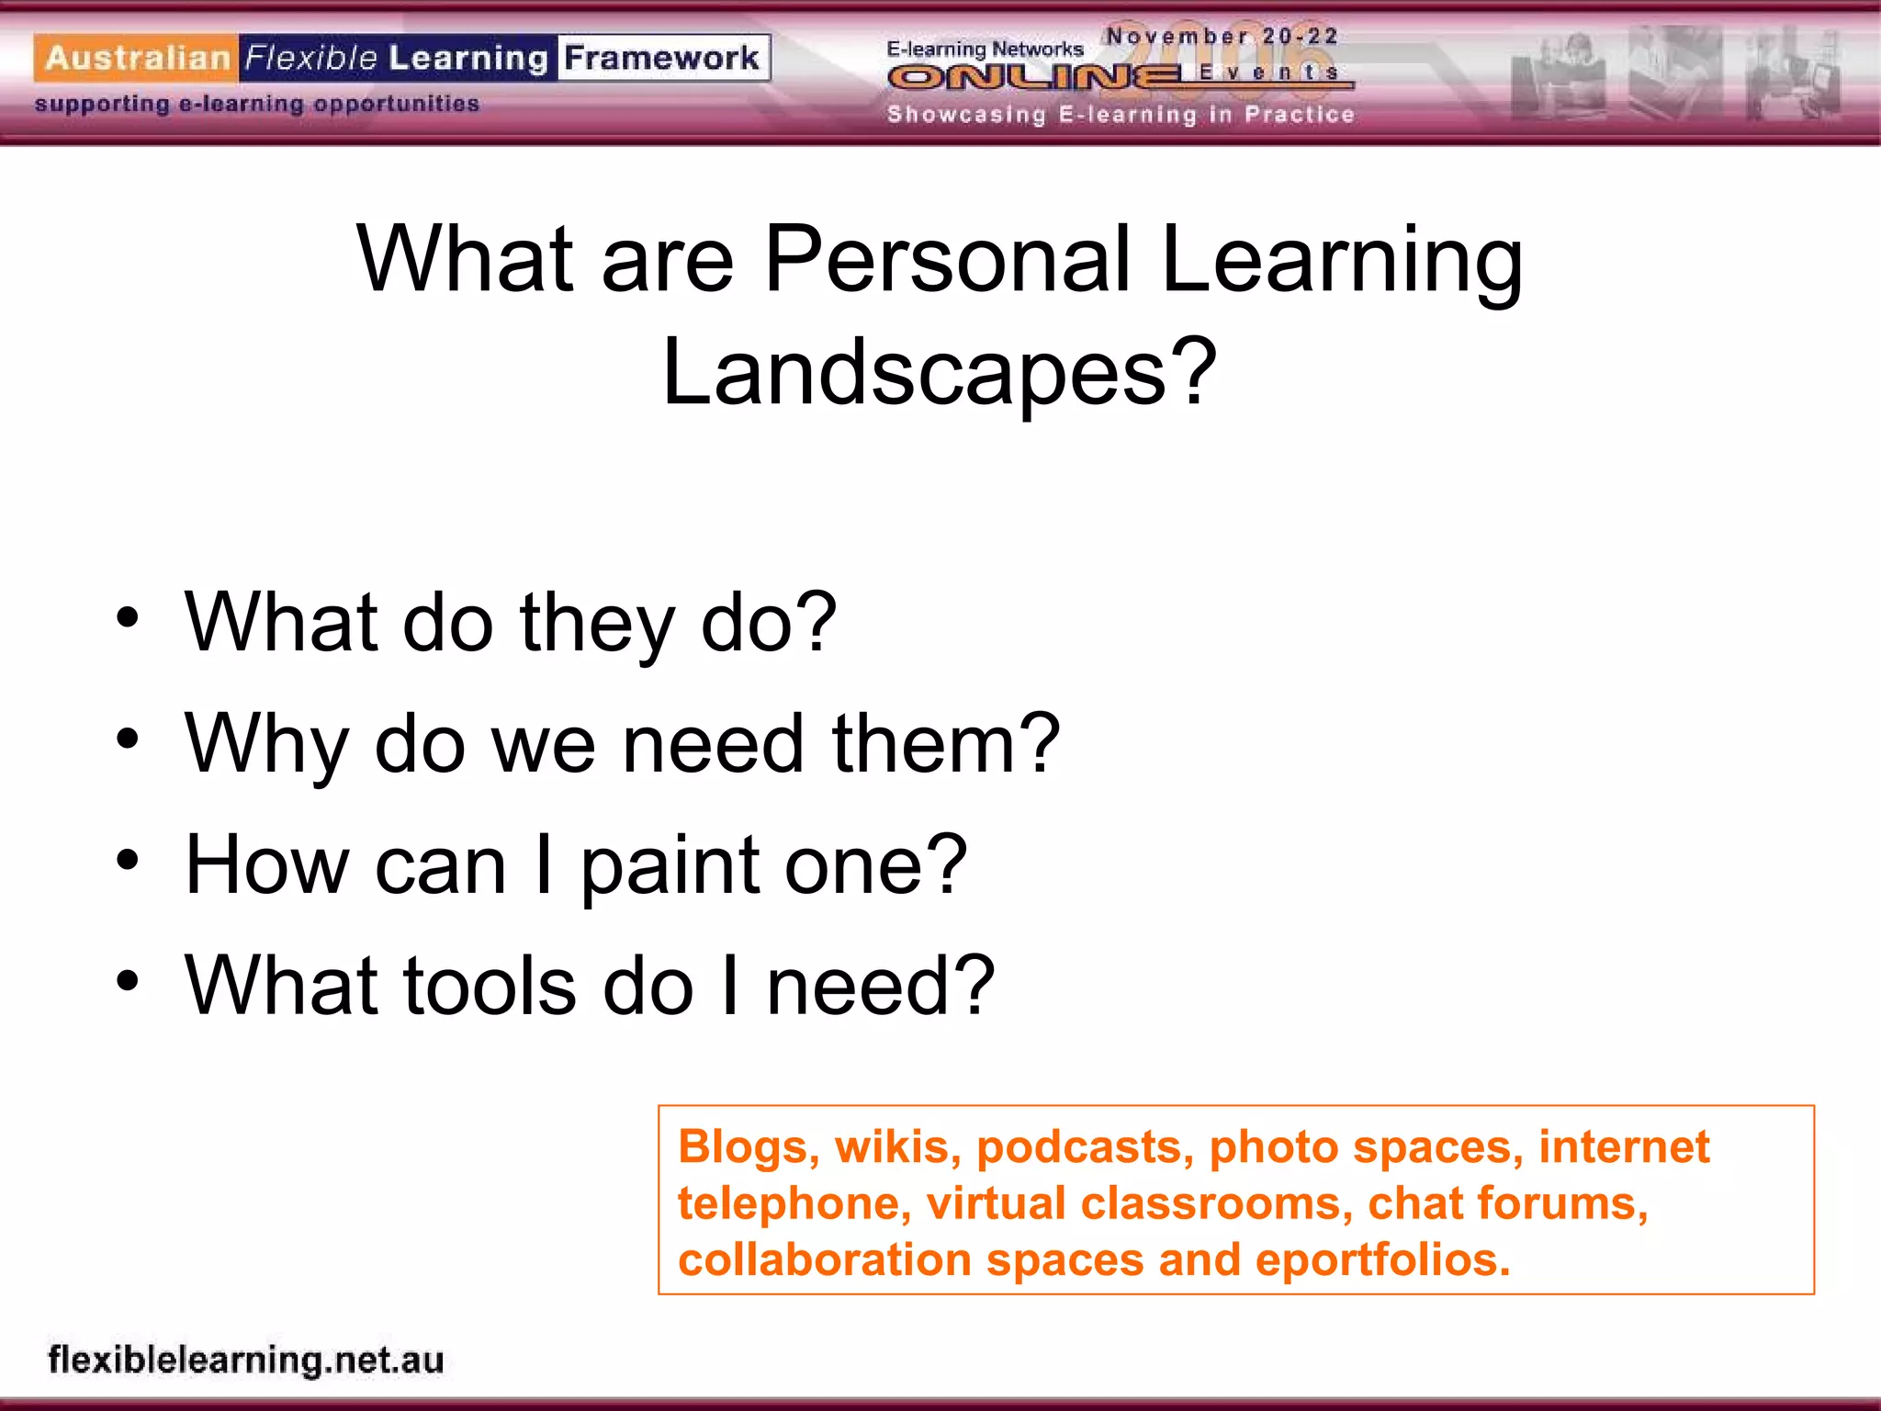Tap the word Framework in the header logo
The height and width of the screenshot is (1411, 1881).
[661, 58]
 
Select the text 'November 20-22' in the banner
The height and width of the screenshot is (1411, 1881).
[1222, 37]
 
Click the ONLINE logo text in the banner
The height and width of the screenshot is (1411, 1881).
[1038, 78]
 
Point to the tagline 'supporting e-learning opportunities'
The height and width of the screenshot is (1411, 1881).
[257, 104]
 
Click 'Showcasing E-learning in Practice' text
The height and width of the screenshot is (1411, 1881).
[1121, 115]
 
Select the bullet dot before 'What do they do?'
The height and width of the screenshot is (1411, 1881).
[128, 617]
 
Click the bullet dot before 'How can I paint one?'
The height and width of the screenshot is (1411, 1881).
[128, 860]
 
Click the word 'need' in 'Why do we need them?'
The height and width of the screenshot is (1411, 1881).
[713, 743]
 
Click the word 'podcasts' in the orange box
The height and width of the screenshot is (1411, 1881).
[1085, 1146]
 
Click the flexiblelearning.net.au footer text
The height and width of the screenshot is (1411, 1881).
[246, 1360]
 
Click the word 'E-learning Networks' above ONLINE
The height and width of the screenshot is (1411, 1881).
[985, 49]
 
